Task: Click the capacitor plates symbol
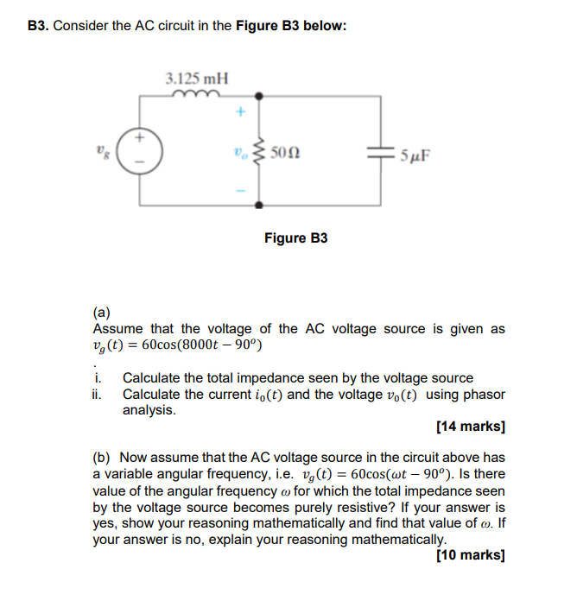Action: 381,155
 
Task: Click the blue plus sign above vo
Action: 241,111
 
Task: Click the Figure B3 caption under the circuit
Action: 296,237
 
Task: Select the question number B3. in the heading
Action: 39,26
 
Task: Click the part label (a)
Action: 100,313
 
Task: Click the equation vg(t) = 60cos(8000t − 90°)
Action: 176,345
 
